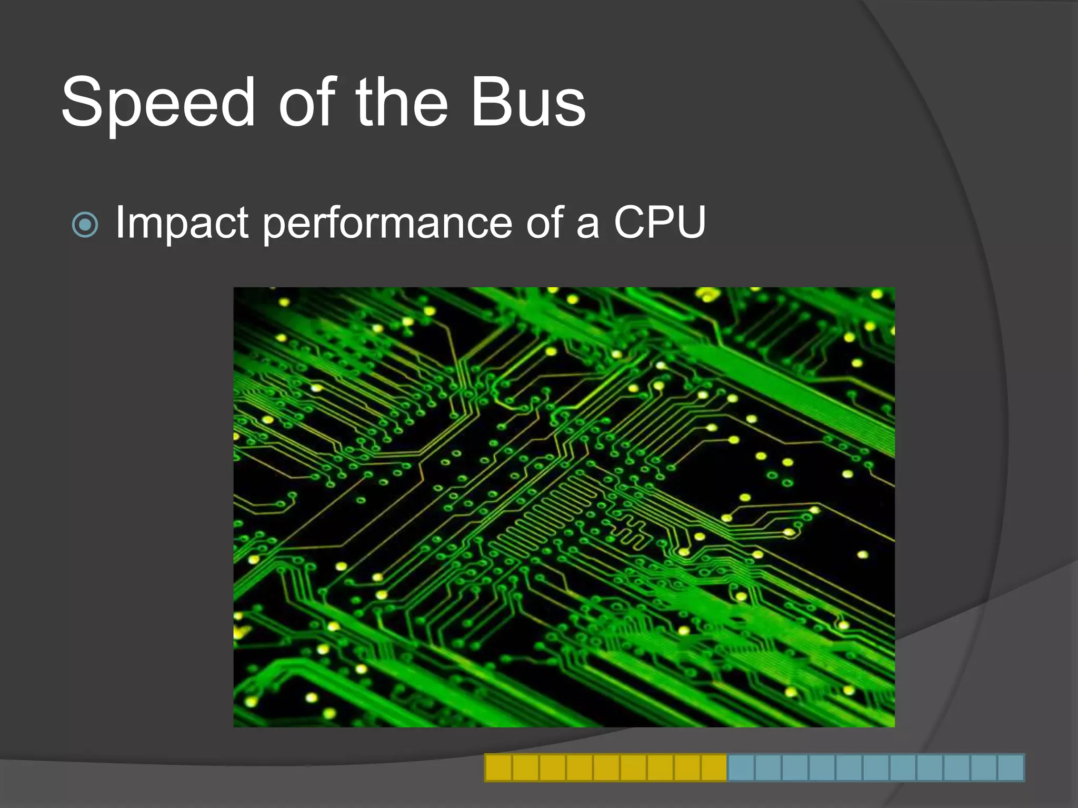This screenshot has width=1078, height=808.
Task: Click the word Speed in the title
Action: tap(158, 103)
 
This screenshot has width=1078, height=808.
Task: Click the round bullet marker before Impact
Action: tap(85, 225)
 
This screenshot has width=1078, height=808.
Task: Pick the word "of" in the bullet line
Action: tap(545, 222)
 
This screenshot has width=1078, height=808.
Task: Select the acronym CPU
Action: tap(660, 222)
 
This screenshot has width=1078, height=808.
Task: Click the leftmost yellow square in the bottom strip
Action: tap(498, 767)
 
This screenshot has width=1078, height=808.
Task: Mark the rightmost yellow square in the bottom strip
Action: tap(714, 767)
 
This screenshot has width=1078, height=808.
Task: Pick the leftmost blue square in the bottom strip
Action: tap(741, 767)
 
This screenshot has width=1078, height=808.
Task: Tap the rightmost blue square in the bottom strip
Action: tap(1011, 767)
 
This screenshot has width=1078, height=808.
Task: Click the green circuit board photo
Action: tap(564, 507)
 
